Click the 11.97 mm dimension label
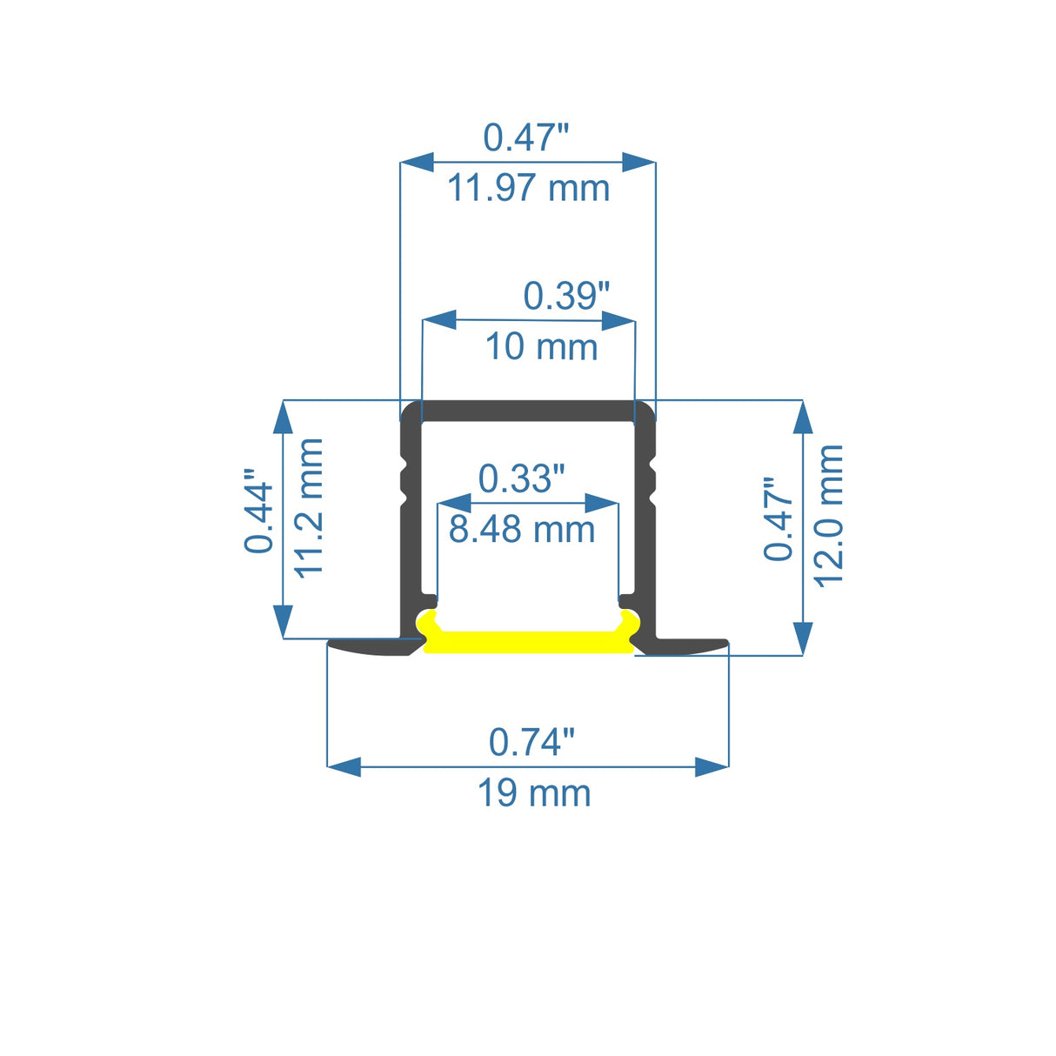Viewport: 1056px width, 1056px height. pos(528,188)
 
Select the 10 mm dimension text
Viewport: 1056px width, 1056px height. pos(541,346)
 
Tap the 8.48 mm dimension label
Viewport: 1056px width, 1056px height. pos(521,529)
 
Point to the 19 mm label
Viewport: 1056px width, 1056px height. pos(534,793)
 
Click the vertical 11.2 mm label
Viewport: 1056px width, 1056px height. pos(310,507)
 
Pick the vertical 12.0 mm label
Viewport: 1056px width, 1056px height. pos(829,515)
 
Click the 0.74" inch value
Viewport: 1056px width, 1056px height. pos(531,742)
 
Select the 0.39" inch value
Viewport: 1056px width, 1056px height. pos(566,296)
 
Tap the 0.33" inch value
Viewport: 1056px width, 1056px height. pos(521,478)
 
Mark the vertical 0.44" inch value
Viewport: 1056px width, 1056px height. pos(259,511)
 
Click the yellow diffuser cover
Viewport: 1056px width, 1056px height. pos(528,642)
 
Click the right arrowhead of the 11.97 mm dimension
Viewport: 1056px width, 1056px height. pos(638,162)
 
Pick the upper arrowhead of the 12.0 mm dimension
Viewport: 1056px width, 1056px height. pos(803,417)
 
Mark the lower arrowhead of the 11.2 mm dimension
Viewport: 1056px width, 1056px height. pos(283,622)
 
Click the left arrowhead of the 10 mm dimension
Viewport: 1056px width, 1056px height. pos(439,320)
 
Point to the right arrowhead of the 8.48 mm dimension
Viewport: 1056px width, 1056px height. pos(602,503)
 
